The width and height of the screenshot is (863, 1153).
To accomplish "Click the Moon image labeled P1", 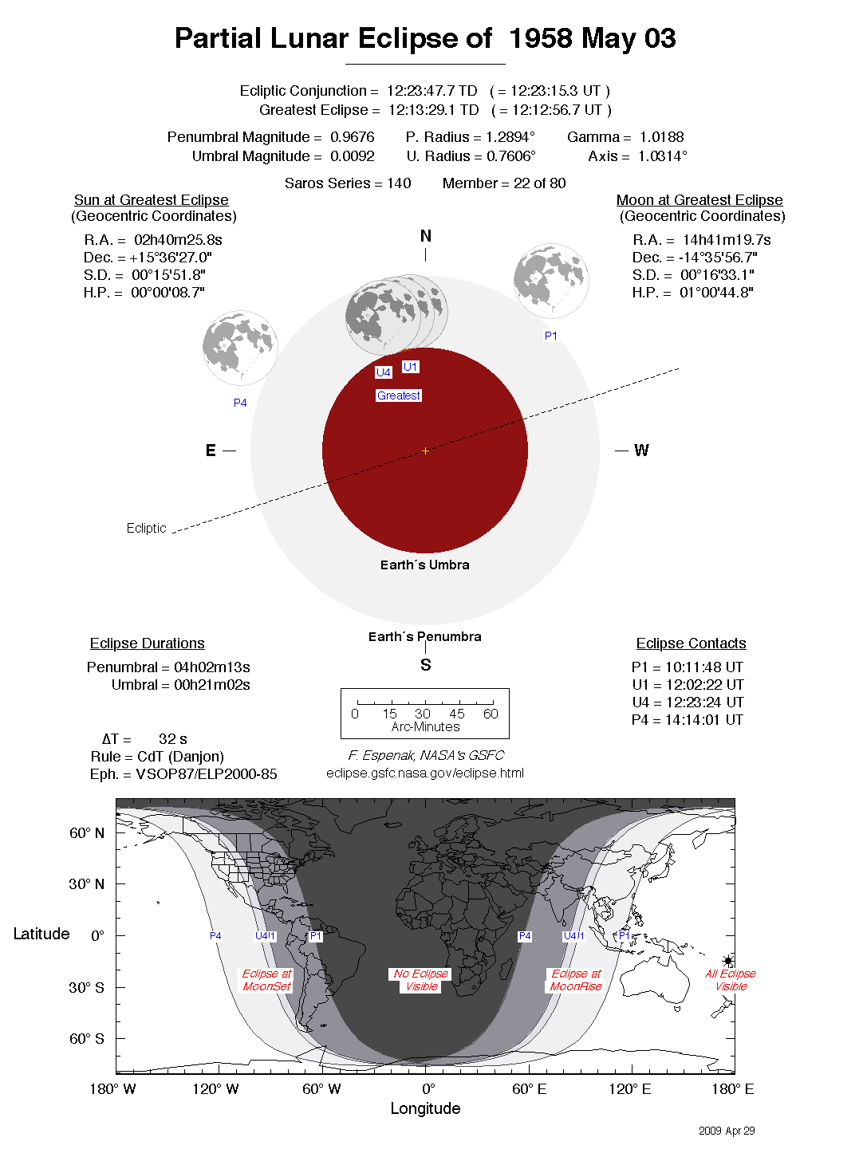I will point(551,281).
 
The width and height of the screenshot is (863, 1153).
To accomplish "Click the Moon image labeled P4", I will point(240,348).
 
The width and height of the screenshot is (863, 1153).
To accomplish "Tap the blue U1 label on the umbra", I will point(410,367).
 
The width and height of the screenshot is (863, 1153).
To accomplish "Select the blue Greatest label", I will point(398,395).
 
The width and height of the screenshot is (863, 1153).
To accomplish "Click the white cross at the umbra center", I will point(425,451).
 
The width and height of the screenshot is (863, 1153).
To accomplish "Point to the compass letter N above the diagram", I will point(425,236).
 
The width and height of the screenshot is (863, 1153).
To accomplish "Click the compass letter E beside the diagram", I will point(211,451).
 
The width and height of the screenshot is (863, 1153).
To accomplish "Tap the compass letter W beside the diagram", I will point(641,451).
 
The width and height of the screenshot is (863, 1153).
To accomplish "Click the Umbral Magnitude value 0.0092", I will point(352,156).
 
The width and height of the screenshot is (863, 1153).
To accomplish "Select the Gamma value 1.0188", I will point(661,137).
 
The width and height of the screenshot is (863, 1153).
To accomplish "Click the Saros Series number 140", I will point(399,183).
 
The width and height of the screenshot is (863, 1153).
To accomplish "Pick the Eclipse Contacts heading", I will point(691,643).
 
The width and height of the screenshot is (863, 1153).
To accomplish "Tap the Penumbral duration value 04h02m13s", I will point(212,667).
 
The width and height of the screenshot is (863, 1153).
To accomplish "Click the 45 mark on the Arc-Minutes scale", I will point(456,714).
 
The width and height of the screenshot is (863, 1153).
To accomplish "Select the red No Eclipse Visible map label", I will point(421,980).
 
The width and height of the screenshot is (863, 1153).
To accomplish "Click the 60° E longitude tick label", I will point(529,1089).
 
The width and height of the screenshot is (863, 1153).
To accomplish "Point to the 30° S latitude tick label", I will point(86,987).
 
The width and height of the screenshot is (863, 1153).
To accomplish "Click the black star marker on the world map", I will point(728,961).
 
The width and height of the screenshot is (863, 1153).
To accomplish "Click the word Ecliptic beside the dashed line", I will point(146,528).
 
